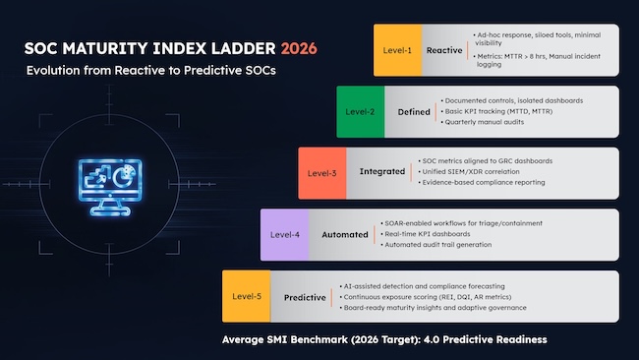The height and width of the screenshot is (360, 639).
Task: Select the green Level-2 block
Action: (x=358, y=111)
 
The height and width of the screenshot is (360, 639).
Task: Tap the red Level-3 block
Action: (x=319, y=172)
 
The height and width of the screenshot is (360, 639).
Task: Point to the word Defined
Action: (x=414, y=111)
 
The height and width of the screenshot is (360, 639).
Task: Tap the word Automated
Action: (x=345, y=235)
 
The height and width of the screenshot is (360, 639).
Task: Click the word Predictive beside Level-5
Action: (x=305, y=296)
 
